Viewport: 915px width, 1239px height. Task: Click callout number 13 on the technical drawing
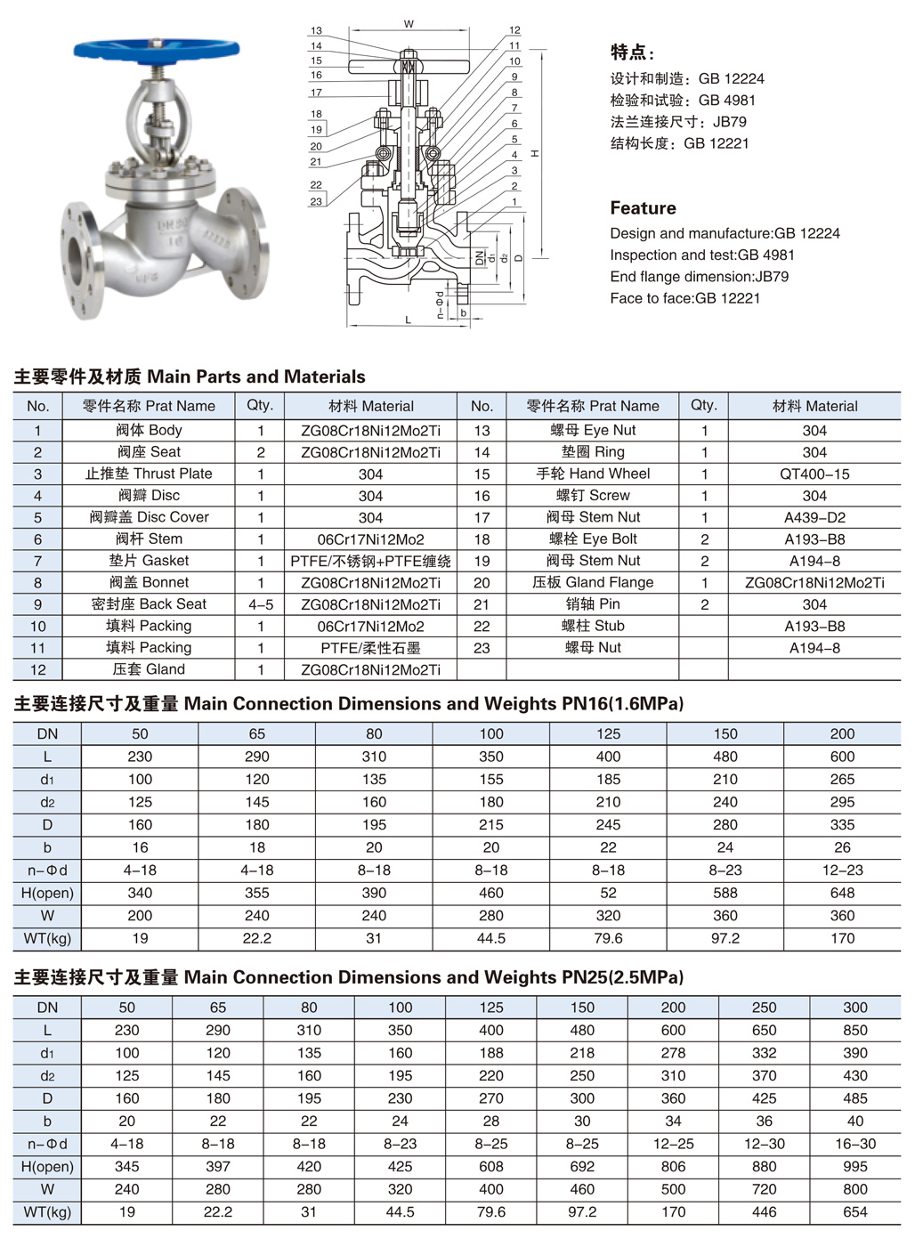(316, 31)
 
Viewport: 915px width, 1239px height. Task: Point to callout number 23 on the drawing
(316, 202)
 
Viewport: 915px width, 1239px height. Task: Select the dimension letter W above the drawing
(409, 24)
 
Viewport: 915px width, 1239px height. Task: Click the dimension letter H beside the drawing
(535, 153)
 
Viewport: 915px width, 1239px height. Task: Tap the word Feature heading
(643, 208)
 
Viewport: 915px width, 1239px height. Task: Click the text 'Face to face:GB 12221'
(684, 298)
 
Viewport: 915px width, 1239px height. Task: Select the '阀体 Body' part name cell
(149, 430)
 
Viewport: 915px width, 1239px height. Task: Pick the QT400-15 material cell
(814, 474)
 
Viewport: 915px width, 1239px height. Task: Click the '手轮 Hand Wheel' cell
(593, 474)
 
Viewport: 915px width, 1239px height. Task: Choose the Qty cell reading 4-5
(261, 604)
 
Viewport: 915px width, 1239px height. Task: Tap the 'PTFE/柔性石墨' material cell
(370, 648)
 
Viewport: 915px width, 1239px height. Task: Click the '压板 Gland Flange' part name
(593, 582)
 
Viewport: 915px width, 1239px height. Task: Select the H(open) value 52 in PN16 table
(608, 893)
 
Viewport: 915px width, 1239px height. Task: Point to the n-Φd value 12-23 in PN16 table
(842, 871)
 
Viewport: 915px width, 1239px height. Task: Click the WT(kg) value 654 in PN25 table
(854, 1211)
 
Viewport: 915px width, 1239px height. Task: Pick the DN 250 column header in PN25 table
(764, 1008)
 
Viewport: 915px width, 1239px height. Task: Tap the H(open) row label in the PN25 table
(47, 1166)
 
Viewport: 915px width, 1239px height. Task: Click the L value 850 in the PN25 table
(854, 1030)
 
